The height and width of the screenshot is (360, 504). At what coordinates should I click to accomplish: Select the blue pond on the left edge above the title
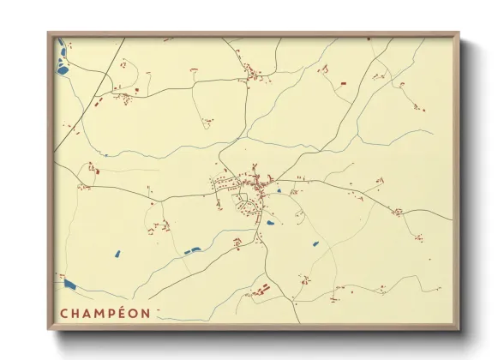(x=69, y=283)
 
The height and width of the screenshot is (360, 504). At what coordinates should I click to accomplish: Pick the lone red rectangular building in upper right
(x=344, y=83)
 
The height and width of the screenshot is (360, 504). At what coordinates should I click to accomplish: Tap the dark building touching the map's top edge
(x=369, y=39)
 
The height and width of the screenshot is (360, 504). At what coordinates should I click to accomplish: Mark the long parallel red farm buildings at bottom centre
(x=258, y=291)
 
